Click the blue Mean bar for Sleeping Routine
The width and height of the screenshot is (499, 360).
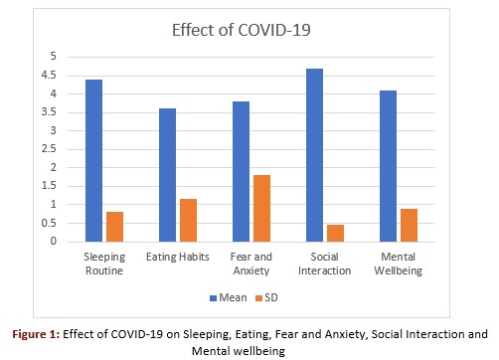[x=93, y=160]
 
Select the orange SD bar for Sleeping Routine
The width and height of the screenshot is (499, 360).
[x=114, y=227]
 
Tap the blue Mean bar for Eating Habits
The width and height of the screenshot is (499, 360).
[x=167, y=175]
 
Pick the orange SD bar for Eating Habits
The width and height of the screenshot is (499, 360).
[x=188, y=221]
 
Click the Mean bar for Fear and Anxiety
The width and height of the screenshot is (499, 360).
[x=241, y=171]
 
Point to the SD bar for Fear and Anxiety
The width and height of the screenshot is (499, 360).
[x=261, y=208]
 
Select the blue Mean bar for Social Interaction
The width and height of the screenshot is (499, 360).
[x=314, y=155]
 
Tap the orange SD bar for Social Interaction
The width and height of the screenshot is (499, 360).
[x=335, y=234]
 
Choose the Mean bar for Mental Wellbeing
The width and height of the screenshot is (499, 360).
[x=388, y=166]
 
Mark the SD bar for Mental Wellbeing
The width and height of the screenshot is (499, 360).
[x=409, y=226]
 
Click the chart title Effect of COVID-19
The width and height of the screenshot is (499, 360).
[x=242, y=30]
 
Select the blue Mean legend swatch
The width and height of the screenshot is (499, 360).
[x=213, y=298]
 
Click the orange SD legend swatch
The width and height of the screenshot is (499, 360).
[x=258, y=298]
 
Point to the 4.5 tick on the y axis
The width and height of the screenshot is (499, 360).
[x=49, y=76]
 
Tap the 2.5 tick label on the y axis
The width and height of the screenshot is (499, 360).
[x=49, y=149]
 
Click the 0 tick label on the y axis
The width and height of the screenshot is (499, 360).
[x=54, y=241]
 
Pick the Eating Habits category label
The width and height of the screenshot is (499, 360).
[x=178, y=257]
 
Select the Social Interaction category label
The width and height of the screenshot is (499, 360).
[x=324, y=264]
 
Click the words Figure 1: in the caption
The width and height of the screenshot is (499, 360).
[x=36, y=334]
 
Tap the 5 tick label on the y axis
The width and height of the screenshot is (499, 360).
[x=54, y=57]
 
